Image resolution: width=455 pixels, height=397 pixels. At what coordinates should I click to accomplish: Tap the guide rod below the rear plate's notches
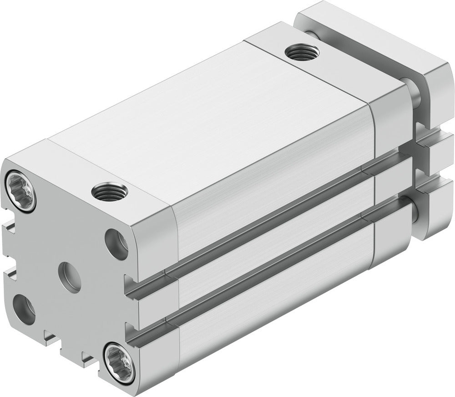[x=416, y=210]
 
